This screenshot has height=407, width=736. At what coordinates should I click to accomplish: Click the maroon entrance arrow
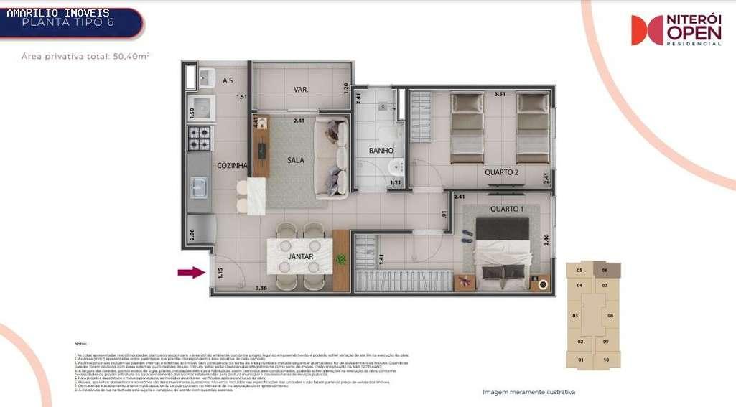tap(191, 272)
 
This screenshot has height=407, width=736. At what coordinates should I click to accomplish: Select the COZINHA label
tap(233, 165)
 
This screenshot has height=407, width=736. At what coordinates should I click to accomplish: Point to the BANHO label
tap(381, 151)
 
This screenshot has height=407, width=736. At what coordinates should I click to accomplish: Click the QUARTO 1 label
tap(506, 209)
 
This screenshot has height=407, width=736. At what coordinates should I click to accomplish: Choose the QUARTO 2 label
tap(501, 172)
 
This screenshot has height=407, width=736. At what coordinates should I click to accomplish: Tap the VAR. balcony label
tap(300, 90)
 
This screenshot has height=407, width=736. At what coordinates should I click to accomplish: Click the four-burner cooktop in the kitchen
tap(199, 139)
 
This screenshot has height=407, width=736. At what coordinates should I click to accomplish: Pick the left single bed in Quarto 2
tap(467, 127)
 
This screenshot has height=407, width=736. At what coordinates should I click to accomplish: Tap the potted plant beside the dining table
tap(340, 259)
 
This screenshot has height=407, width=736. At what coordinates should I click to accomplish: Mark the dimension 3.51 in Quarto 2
tap(500, 93)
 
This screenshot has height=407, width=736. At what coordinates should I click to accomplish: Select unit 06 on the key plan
tap(605, 270)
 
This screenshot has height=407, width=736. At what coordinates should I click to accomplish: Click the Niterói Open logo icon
tap(646, 30)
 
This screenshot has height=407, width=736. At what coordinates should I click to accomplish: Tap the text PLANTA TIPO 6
tap(67, 22)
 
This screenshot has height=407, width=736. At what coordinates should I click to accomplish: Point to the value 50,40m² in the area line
tap(131, 55)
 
